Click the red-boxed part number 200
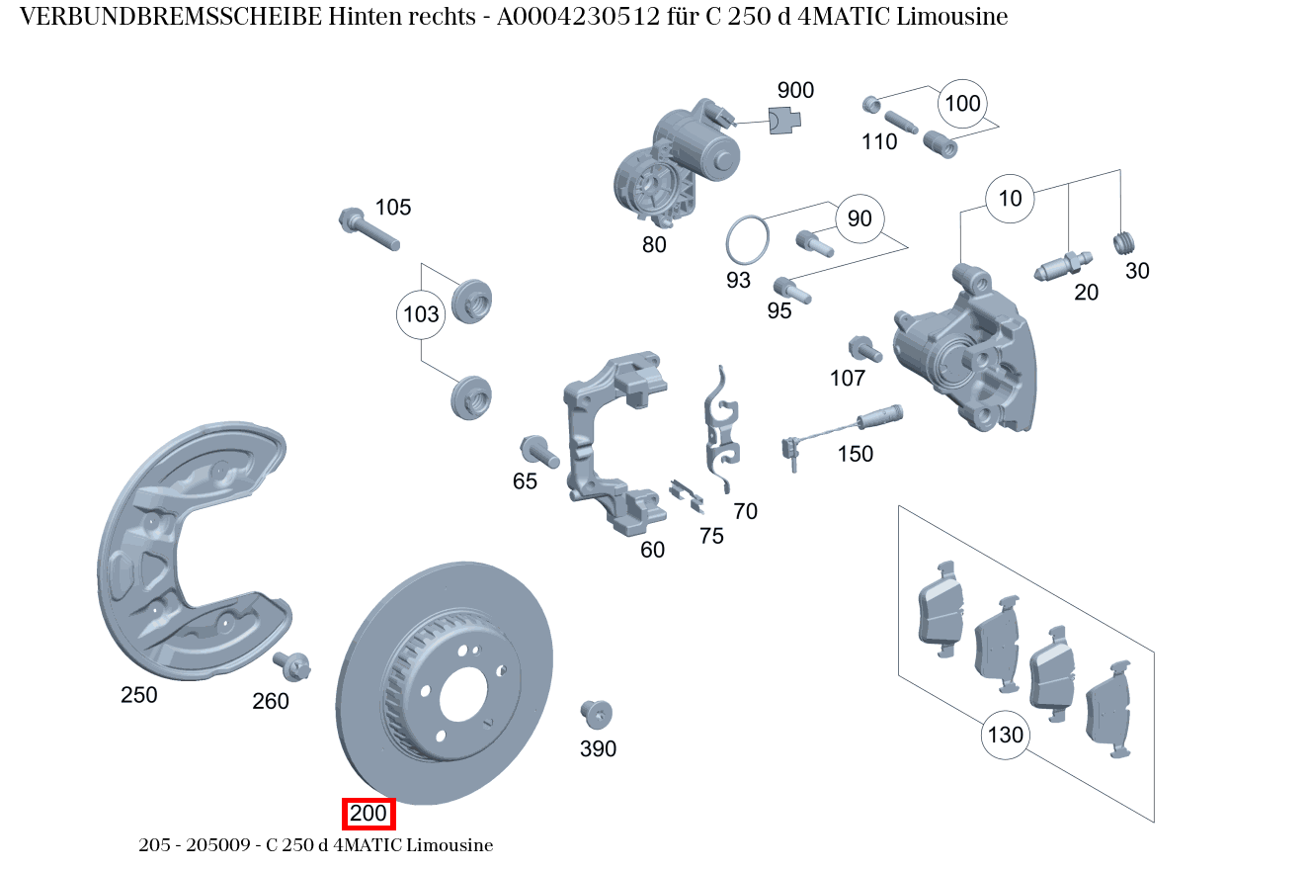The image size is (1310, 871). [368, 815]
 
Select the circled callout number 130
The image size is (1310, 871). [1005, 736]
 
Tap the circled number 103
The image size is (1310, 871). [421, 315]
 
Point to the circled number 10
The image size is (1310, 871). [1010, 199]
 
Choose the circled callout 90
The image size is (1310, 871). [860, 218]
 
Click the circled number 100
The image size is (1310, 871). [962, 104]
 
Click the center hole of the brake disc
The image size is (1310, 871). [463, 693]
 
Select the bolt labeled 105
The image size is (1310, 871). [368, 229]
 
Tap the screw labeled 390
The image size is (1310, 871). [597, 714]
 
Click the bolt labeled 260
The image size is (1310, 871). [293, 665]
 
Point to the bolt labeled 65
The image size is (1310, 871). [538, 451]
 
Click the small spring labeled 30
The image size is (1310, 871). [1125, 242]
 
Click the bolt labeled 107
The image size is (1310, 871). [862, 349]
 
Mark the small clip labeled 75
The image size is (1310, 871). [687, 495]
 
